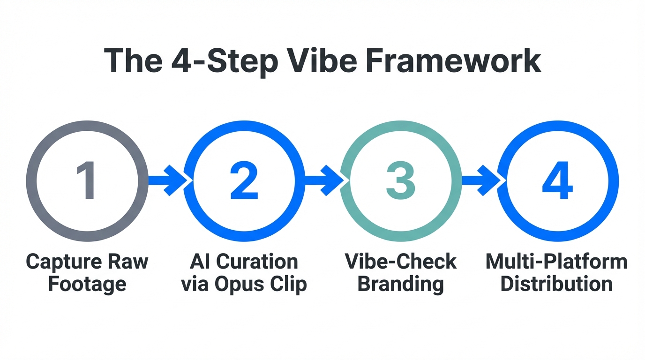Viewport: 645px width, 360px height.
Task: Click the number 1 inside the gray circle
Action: click(87, 181)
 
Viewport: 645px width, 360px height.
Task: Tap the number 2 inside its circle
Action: click(244, 181)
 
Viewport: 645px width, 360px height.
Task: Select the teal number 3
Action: click(401, 181)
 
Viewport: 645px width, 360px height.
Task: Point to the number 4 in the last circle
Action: click(557, 181)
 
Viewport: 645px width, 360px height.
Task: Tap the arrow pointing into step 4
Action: click(481, 180)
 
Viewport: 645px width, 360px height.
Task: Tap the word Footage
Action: click(87, 284)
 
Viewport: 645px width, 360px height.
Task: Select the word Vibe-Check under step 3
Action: click(401, 262)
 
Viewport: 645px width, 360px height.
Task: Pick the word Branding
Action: click(401, 284)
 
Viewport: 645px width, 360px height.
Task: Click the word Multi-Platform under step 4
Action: click(556, 262)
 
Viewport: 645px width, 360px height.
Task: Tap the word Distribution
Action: click(556, 284)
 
